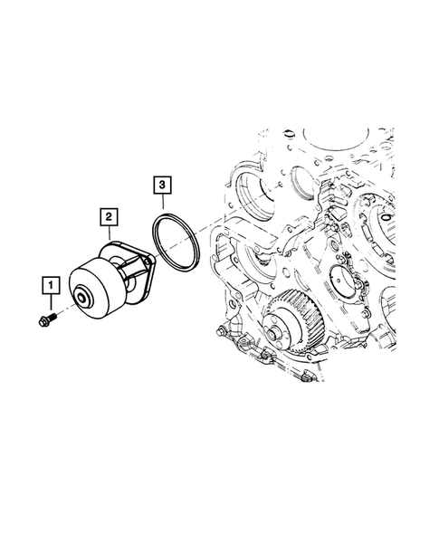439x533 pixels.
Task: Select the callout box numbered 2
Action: [108, 217]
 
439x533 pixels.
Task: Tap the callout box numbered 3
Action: [160, 186]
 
